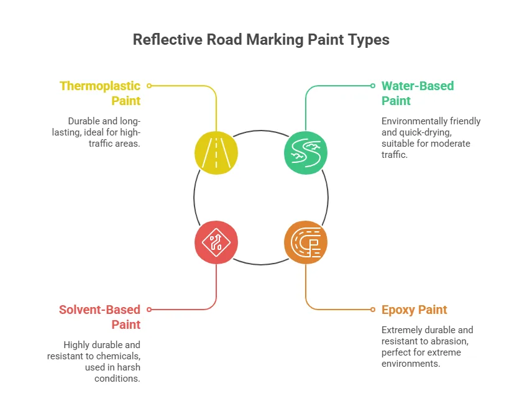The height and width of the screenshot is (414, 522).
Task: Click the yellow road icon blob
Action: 216,152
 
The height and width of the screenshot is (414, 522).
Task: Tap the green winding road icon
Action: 305,152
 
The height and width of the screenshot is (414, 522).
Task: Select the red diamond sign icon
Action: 216,241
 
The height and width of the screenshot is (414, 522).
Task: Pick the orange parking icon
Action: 305,241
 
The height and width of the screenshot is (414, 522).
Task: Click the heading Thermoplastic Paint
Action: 100,93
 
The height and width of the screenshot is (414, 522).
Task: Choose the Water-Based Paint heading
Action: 418,93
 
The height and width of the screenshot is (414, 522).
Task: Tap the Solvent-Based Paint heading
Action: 100,316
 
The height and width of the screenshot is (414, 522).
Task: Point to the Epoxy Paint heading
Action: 414,310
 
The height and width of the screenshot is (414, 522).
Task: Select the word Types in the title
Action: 369,40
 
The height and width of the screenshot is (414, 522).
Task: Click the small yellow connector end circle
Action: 149,86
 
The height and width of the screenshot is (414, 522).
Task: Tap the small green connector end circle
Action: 373,86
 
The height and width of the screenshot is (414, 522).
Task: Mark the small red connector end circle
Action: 149,309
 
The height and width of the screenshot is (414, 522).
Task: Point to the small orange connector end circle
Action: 373,309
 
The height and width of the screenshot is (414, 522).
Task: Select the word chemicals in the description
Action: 119,356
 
